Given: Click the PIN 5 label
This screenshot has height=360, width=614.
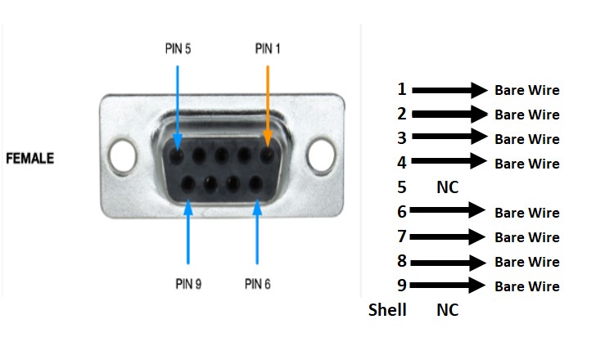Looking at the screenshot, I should pyautogui.click(x=178, y=48).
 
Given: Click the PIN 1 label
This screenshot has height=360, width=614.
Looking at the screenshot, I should pyautogui.click(x=268, y=48).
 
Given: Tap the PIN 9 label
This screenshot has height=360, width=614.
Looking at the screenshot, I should pyautogui.click(x=187, y=284).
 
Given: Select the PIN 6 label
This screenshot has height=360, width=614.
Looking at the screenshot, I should pyautogui.click(x=258, y=284).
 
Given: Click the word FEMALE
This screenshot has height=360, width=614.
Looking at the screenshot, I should pyautogui.click(x=30, y=158).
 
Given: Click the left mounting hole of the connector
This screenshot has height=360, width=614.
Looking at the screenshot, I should pyautogui.click(x=121, y=152).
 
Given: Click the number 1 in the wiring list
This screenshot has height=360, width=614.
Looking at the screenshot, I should pyautogui.click(x=402, y=89).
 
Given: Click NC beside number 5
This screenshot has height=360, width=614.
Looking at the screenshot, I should pyautogui.click(x=447, y=187).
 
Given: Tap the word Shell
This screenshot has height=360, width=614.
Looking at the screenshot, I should pyautogui.click(x=387, y=310).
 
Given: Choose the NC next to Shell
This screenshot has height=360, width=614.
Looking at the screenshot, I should pyautogui.click(x=447, y=310).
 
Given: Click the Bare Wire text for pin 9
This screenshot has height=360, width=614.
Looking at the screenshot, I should pyautogui.click(x=527, y=286).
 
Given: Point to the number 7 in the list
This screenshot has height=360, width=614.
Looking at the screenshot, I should pyautogui.click(x=402, y=236).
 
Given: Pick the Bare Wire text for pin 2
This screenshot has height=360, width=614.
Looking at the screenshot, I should pyautogui.click(x=527, y=115).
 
